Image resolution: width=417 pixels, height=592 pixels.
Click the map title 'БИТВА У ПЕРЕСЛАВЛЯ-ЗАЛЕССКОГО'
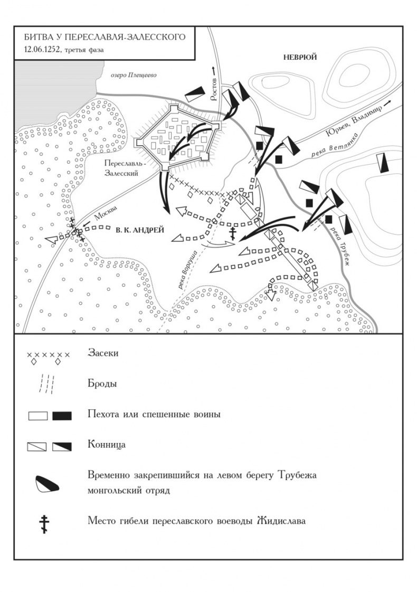point(105,37)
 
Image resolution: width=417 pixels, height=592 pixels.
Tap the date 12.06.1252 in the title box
point(42,50)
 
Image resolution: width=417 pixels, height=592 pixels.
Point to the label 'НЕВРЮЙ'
point(300,58)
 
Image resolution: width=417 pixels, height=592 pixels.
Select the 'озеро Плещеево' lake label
point(134,75)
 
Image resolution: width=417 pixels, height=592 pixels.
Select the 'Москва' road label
point(106,213)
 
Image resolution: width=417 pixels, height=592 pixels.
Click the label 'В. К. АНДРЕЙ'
point(140,230)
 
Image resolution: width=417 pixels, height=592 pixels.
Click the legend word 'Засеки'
point(103,353)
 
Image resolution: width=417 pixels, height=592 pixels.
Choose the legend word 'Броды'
point(102,384)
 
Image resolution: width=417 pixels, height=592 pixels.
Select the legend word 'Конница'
point(107,444)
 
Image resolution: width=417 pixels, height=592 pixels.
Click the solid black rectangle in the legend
point(62,416)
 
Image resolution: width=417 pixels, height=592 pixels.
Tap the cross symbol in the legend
point(44,524)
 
